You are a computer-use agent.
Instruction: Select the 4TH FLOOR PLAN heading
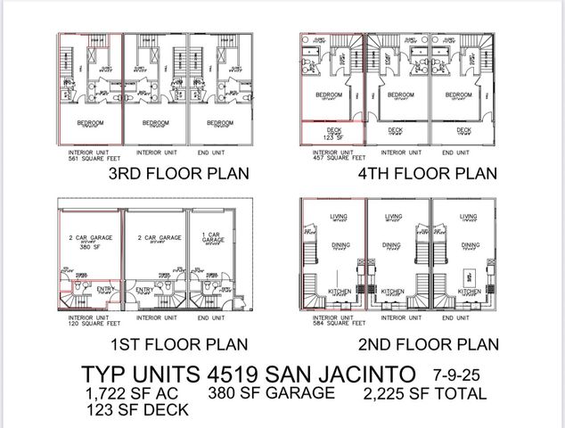[x=429, y=174]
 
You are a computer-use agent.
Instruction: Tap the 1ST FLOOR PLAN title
[x=178, y=342]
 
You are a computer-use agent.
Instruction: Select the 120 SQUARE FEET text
[x=86, y=322]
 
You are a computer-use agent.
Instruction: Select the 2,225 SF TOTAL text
[x=424, y=393]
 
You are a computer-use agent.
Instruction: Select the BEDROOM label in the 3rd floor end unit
[x=222, y=123]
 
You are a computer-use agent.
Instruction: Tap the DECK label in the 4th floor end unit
[x=463, y=129]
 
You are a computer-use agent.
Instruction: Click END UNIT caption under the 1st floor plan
[x=210, y=317]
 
